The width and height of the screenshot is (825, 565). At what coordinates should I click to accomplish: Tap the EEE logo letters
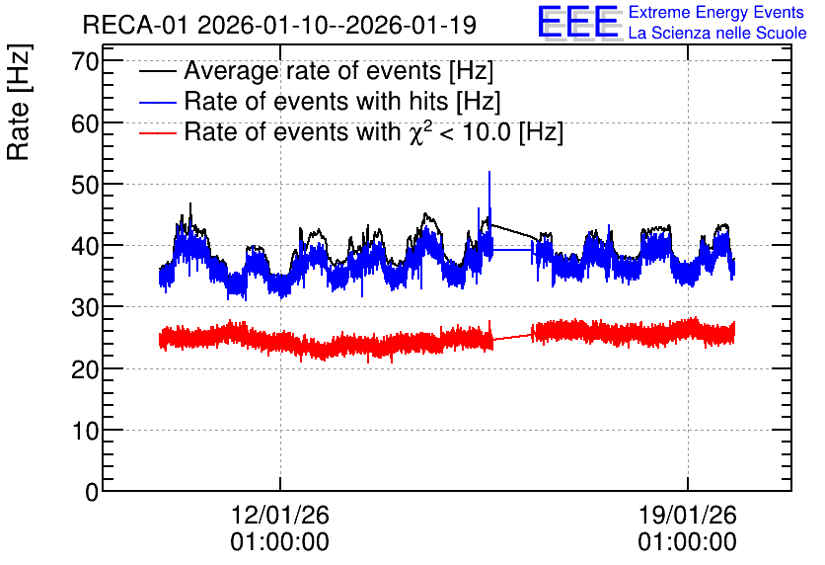[x=578, y=22]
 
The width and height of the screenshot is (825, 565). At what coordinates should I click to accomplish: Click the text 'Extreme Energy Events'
[x=716, y=12]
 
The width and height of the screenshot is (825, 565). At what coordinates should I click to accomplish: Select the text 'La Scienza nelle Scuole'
[x=717, y=33]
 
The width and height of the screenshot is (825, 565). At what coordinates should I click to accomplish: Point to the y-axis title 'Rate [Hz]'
[x=19, y=102]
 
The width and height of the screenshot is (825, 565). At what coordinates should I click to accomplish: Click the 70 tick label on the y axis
[x=85, y=61]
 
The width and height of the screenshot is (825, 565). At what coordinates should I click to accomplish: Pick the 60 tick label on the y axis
[x=85, y=123]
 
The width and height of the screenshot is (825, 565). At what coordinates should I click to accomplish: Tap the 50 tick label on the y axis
[x=85, y=185]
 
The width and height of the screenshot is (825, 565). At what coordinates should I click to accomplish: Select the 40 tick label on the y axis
[x=85, y=246]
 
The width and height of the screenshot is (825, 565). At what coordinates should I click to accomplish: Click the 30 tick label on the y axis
[x=85, y=307]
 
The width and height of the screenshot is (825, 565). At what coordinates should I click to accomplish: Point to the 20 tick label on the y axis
[x=85, y=369]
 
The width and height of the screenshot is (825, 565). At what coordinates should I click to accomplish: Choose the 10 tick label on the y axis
[x=85, y=431]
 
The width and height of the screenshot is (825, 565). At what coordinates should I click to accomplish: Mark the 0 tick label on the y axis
[x=92, y=492]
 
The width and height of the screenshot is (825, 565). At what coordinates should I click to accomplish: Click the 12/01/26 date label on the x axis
[x=280, y=515]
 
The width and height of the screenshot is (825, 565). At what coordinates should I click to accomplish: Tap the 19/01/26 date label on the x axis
[x=688, y=515]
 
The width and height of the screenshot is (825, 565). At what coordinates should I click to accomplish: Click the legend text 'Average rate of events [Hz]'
[x=338, y=70]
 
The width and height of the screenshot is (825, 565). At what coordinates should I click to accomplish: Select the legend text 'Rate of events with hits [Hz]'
[x=342, y=101]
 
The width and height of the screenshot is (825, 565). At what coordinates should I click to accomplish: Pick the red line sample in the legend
[x=158, y=132]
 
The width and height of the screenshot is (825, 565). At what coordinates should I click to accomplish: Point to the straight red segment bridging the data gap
[x=512, y=337]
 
